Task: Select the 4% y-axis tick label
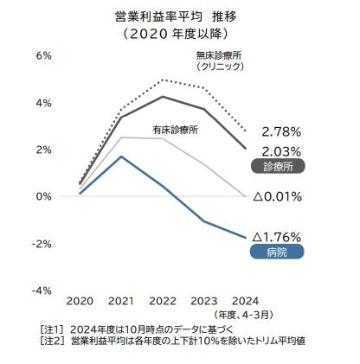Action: (x=41, y=103)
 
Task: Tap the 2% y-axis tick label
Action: (x=41, y=150)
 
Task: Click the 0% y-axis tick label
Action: (x=41, y=196)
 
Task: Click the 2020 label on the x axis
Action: (x=80, y=300)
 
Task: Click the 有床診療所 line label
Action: (x=176, y=129)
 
